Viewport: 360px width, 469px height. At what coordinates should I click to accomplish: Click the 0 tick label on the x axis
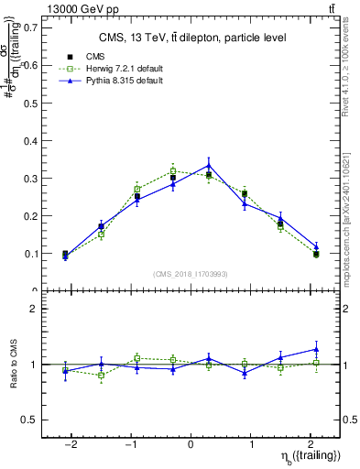191,442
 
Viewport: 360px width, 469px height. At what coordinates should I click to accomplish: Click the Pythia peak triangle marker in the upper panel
209,166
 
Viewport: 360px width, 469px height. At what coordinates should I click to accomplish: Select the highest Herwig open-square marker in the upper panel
173,171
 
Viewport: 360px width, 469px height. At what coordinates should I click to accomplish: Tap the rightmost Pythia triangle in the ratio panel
315,349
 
